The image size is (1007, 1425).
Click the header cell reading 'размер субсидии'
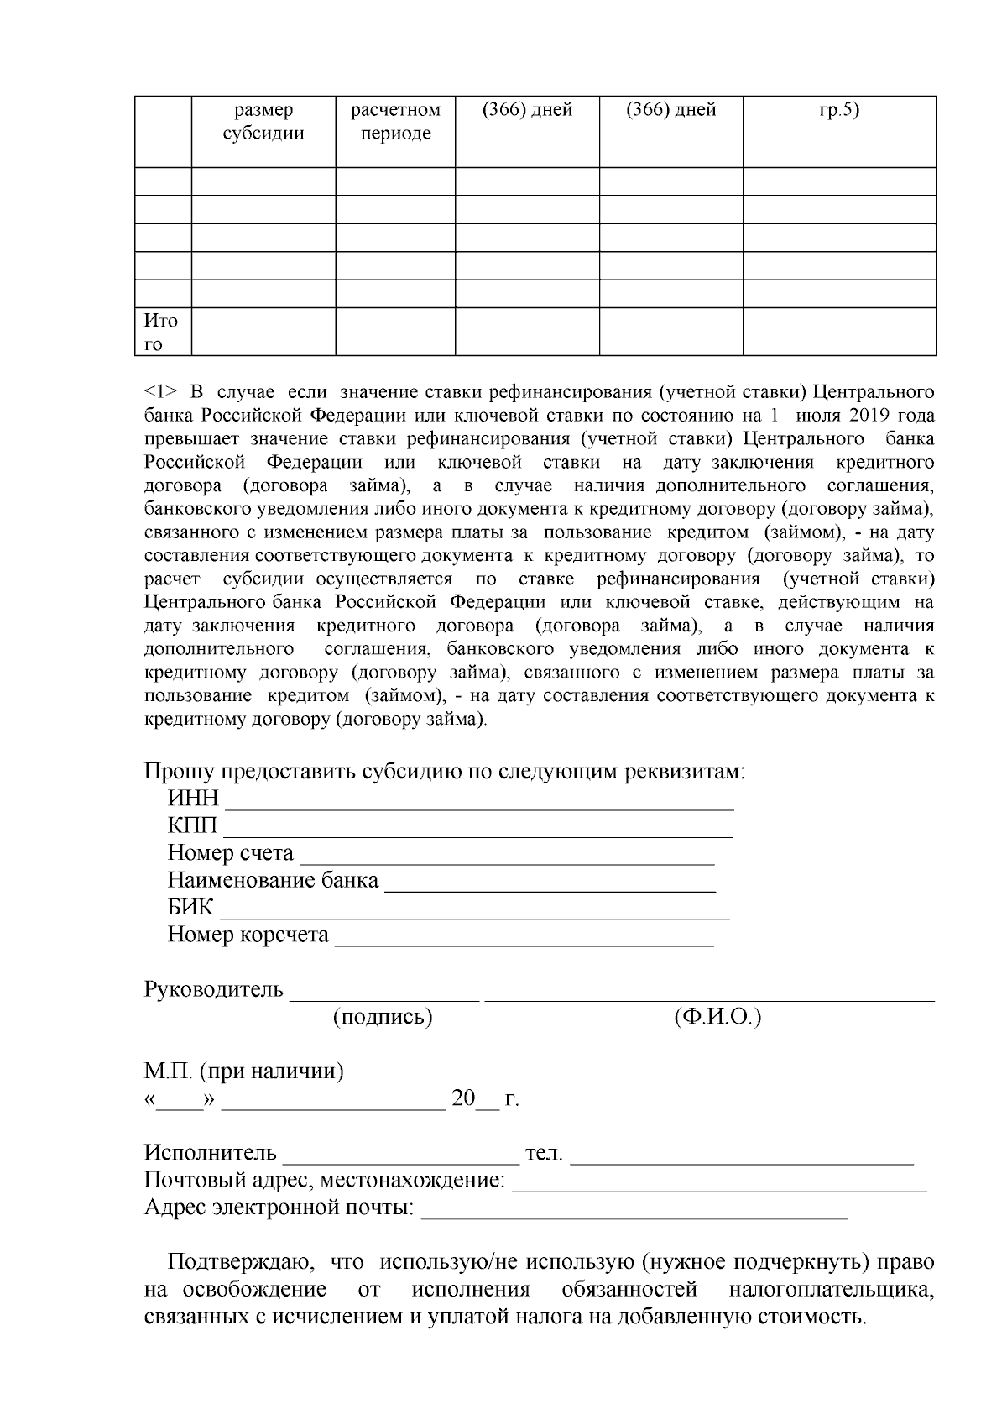263,123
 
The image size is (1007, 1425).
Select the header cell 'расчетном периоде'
395,123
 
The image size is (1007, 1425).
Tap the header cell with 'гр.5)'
839,110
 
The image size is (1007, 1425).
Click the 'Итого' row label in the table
161,333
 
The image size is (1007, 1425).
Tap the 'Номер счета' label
231,853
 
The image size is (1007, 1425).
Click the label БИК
191,908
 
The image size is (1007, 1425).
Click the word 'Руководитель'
214,989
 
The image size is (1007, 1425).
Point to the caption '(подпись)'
383,1017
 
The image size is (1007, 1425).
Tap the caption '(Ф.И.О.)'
717,1017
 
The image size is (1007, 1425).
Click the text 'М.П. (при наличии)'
244,1071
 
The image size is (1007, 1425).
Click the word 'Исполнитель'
210,1153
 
